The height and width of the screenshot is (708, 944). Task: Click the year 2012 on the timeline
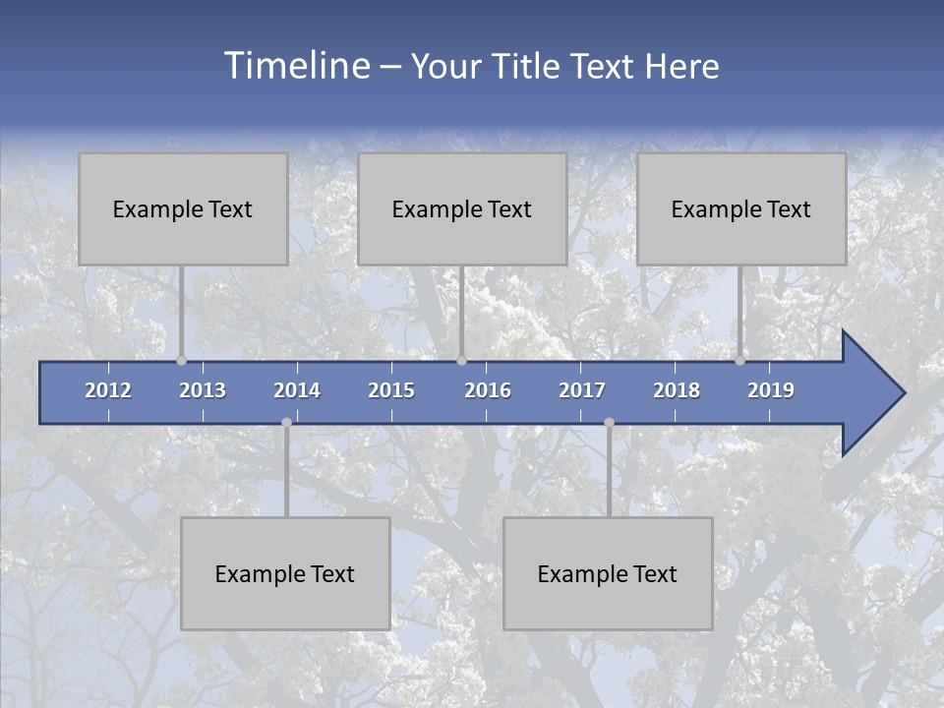click(108, 390)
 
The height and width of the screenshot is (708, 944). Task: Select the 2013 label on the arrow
click(203, 390)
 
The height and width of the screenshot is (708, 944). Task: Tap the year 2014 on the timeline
click(297, 390)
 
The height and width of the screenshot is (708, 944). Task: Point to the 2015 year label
click(391, 390)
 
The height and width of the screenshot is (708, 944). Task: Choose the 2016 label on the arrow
click(488, 390)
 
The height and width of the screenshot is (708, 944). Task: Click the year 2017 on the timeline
click(582, 390)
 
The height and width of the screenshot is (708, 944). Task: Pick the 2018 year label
click(677, 390)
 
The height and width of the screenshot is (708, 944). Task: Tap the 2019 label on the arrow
click(771, 390)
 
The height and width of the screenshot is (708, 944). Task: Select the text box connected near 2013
click(183, 208)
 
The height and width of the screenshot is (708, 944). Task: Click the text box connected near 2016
click(462, 208)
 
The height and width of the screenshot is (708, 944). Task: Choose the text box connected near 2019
click(741, 208)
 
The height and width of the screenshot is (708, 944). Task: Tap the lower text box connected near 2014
click(285, 573)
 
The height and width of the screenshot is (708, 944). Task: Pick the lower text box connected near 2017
click(608, 573)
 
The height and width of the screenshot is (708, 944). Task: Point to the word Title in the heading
click(531, 66)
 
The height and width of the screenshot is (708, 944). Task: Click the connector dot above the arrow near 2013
click(181, 361)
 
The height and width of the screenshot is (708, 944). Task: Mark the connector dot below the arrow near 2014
click(286, 423)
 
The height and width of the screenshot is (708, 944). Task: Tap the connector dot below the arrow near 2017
click(609, 423)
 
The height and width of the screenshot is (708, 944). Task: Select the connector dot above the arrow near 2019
click(739, 361)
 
